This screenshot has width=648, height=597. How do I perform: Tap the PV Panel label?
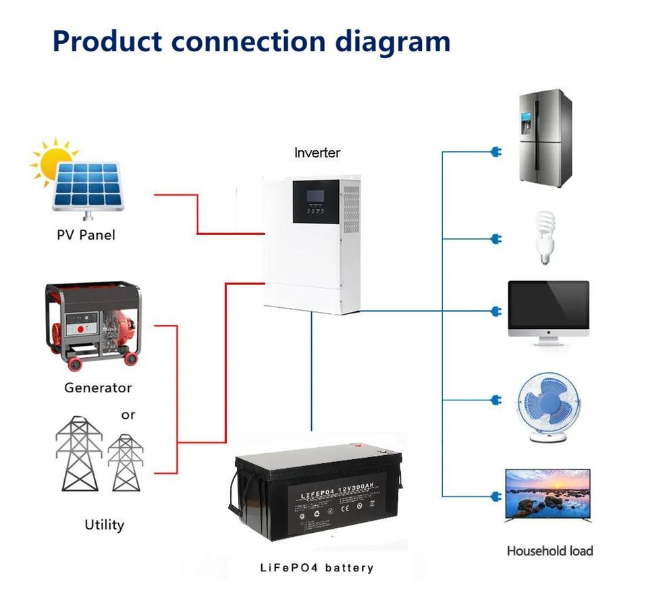[x=86, y=235]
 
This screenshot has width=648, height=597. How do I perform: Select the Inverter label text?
[x=317, y=153]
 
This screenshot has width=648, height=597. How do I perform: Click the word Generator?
[x=98, y=388]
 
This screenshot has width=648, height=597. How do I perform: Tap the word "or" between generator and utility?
[x=128, y=415]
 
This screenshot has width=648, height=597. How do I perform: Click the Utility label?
[x=105, y=524]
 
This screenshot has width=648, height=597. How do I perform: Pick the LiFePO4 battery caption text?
[x=317, y=567]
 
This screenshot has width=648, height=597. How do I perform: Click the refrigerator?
[x=545, y=138]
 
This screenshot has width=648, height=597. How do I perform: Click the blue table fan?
[x=547, y=405]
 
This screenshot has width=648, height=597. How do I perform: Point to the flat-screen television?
[x=548, y=495]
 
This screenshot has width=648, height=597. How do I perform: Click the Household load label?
[x=549, y=550]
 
